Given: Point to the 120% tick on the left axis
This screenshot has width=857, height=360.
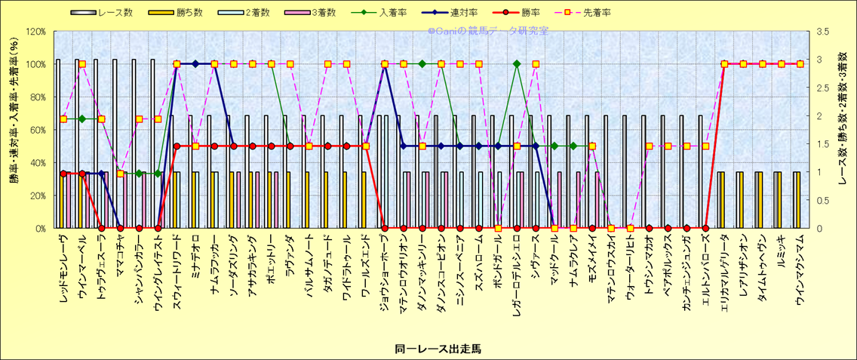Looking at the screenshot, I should click(35, 32).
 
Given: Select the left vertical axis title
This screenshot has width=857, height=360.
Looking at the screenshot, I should click(14, 130).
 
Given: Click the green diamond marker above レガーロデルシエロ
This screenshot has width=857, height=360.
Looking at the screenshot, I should click(517, 64).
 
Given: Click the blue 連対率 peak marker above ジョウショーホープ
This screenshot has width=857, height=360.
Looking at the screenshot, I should click(385, 64).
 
